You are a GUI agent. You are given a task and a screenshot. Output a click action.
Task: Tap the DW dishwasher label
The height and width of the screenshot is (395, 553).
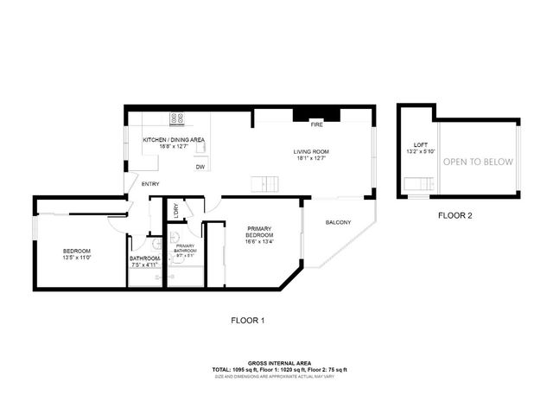pyautogui.click(x=200, y=167)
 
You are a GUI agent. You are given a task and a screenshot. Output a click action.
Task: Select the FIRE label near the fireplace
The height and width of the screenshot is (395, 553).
pyautogui.click(x=316, y=124)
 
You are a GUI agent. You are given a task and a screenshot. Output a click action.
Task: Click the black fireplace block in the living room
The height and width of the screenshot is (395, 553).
pyautogui.click(x=316, y=114)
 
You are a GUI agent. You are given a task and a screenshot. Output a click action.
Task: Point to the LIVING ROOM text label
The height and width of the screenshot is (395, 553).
pyautogui.click(x=312, y=151)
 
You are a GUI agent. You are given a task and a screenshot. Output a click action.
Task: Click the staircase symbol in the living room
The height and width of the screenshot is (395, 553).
pyautogui.click(x=264, y=182)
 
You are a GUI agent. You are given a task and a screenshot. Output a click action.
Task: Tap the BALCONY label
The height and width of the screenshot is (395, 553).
pyautogui.click(x=338, y=222)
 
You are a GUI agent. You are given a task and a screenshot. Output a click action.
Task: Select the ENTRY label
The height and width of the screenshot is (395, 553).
pyautogui.click(x=150, y=183)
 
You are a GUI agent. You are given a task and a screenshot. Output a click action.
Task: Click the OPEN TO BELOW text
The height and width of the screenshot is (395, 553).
pyautogui.click(x=478, y=162)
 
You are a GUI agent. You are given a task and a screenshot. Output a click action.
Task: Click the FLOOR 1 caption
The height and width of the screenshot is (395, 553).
pyautogui.click(x=247, y=321)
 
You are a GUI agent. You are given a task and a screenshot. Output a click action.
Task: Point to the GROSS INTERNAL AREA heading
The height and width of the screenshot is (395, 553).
pyautogui.click(x=280, y=363)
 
